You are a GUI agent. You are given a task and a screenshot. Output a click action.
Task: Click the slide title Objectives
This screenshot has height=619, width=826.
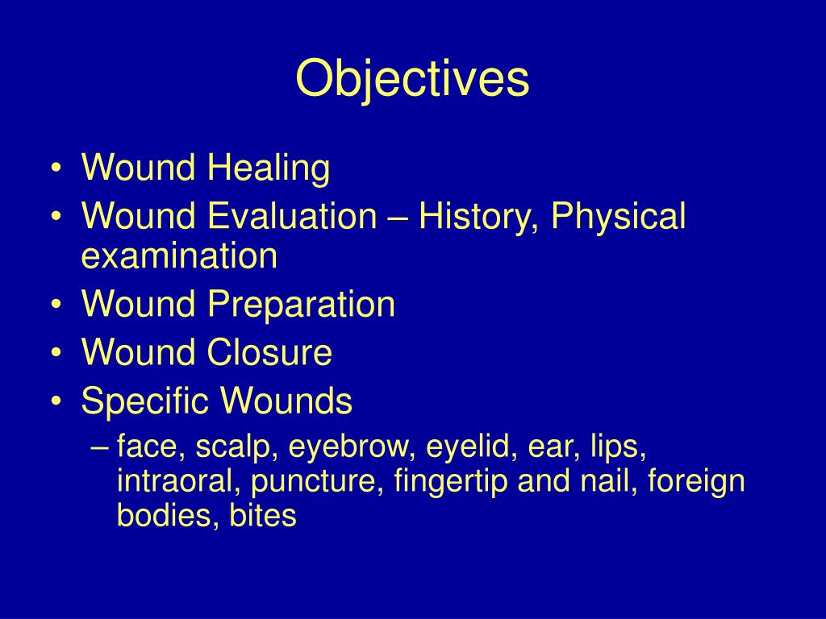coord(412,79)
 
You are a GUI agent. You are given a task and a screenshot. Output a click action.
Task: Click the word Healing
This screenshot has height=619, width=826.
coord(269,169)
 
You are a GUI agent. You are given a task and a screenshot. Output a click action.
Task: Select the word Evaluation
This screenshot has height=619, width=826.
coord(293,217)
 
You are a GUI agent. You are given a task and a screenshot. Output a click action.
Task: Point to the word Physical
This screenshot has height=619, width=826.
coord(619,217)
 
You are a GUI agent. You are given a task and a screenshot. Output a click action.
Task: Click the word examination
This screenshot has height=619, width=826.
coord(179,257)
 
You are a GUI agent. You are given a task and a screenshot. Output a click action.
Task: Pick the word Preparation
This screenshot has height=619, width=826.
coord(302,305)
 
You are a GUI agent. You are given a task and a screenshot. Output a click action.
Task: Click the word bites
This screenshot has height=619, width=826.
coord(263,516)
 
